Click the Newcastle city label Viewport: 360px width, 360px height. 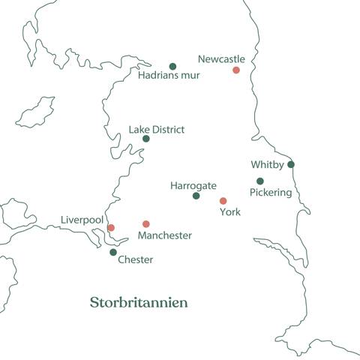(221, 58)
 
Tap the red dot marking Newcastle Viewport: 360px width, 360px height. (236, 70)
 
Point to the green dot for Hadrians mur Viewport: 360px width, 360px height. (172, 66)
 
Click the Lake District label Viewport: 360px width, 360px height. (156, 130)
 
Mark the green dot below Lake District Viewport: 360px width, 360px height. (146, 139)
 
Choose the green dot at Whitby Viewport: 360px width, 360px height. (291, 164)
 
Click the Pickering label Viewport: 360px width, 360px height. (270, 192)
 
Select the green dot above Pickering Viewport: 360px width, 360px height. (260, 181)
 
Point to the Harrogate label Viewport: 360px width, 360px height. (193, 185)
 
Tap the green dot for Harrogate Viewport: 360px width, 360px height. (196, 196)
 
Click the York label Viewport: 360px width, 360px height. (229, 212)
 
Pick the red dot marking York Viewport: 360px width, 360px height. (223, 201)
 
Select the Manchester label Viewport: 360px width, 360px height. (165, 235)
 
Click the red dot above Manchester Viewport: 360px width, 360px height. (146, 223)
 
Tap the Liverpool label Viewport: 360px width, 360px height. (82, 220)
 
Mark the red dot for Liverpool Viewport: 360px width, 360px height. (111, 227)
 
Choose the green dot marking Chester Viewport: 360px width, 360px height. (113, 252)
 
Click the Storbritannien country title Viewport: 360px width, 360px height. (139, 303)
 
